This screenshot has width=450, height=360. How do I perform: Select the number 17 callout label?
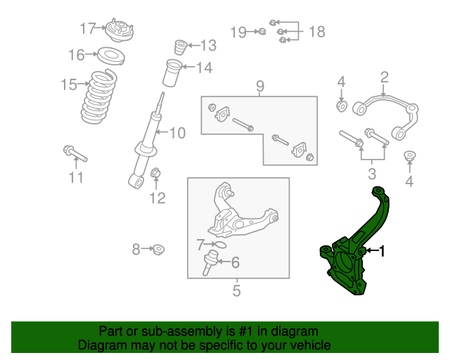[88, 29]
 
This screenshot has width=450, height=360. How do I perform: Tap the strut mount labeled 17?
[118, 31]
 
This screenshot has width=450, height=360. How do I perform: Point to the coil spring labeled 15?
[101, 97]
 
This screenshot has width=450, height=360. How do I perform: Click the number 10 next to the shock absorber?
[176, 132]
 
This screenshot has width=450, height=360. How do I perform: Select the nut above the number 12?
[157, 172]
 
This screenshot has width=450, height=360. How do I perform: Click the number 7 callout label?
[200, 245]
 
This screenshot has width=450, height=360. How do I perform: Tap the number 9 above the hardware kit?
[259, 86]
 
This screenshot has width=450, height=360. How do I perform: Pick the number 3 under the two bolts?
[372, 174]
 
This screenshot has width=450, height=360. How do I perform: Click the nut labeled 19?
[261, 32]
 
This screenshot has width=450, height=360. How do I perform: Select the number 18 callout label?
[316, 32]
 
